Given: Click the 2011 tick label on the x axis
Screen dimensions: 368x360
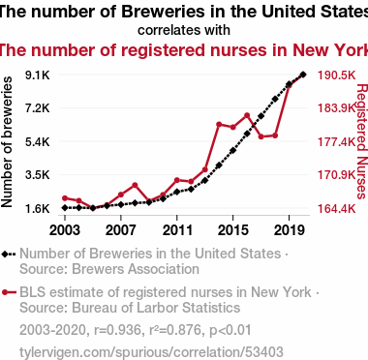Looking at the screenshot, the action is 177,230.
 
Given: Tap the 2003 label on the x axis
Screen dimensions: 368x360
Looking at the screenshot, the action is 65,230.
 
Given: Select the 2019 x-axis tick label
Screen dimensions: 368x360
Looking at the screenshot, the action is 289,230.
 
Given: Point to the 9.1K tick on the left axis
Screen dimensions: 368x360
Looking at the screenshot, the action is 38,75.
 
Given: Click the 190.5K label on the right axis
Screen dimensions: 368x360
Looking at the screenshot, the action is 337,75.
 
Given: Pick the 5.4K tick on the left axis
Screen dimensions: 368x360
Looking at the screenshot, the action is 38,141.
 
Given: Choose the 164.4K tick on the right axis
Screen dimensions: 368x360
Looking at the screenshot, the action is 337,209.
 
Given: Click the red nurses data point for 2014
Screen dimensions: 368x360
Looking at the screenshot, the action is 219,125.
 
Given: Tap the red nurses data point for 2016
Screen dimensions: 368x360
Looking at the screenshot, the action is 247,115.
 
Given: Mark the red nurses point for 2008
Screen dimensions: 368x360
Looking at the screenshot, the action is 135,185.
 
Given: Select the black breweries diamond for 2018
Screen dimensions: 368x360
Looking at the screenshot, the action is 275,99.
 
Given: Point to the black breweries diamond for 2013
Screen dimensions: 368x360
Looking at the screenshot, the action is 205,180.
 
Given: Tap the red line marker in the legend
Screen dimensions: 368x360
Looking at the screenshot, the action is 9,292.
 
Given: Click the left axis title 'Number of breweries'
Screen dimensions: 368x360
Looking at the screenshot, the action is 7,142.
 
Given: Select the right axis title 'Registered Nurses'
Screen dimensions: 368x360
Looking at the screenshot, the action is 361,141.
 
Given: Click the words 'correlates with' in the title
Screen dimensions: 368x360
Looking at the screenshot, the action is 184,30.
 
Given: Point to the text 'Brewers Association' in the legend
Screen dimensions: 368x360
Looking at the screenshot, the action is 136,269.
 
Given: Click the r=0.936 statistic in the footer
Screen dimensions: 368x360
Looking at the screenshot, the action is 117,330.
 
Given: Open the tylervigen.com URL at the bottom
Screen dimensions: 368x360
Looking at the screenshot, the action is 151,352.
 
